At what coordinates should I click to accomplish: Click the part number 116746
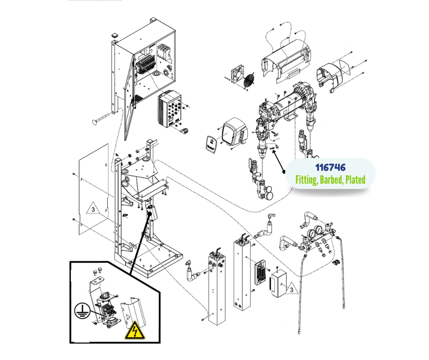330,168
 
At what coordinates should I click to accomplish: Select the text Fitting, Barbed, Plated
330,180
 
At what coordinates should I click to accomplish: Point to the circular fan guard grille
248,80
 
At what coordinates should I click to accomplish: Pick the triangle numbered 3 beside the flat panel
93,210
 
